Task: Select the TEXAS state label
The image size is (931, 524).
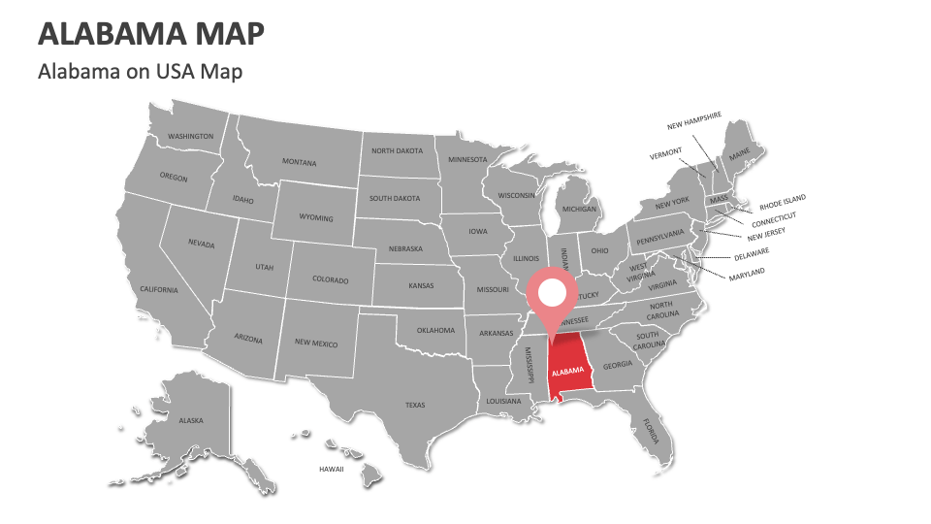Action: [x=415, y=405]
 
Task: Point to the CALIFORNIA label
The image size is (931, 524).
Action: [x=159, y=289]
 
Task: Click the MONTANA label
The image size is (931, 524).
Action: [x=299, y=162]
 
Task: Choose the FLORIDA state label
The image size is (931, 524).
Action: [x=648, y=428]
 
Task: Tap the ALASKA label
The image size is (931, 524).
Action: [x=191, y=420]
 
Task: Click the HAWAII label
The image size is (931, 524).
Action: [x=332, y=469]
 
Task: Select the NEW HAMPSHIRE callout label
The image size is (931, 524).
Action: [x=694, y=120]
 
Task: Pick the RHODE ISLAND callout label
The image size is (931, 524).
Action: [x=782, y=202]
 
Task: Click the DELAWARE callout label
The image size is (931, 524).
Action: [x=751, y=253]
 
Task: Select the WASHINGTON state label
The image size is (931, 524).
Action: [x=190, y=137]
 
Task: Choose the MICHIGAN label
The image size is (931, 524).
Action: [x=579, y=209]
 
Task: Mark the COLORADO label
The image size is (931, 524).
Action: [x=330, y=279]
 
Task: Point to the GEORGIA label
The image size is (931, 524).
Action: [x=617, y=365]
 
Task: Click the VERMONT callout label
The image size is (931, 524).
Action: [x=665, y=153]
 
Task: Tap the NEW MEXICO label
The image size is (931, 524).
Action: [x=316, y=343]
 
